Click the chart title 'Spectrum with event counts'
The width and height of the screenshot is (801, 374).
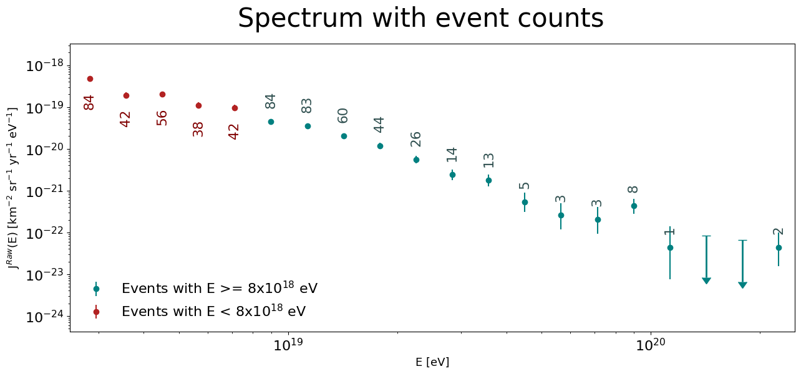[420, 18]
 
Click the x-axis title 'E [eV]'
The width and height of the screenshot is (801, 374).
[432, 362]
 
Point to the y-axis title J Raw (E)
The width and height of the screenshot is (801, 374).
[12, 188]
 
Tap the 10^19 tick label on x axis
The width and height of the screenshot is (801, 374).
[288, 345]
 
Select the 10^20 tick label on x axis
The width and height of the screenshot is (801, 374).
[651, 345]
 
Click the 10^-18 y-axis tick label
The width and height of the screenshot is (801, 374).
[44, 65]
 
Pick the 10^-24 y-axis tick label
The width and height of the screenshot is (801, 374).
[44, 317]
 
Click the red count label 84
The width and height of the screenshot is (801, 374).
[89, 102]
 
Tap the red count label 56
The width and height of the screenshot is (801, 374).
[162, 118]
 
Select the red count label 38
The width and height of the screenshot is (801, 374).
[198, 129]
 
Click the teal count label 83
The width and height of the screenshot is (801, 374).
[306, 106]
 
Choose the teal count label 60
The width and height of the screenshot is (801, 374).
[342, 116]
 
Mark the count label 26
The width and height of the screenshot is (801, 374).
[415, 139]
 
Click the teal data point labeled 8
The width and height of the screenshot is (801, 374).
[634, 206]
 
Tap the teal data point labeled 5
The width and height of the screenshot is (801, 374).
[525, 202]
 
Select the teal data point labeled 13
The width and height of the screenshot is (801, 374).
[489, 180]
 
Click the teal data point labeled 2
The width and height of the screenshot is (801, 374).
[779, 247]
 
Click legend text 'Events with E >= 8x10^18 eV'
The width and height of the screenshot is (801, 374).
[220, 287]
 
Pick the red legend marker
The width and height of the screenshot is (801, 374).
[96, 312]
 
